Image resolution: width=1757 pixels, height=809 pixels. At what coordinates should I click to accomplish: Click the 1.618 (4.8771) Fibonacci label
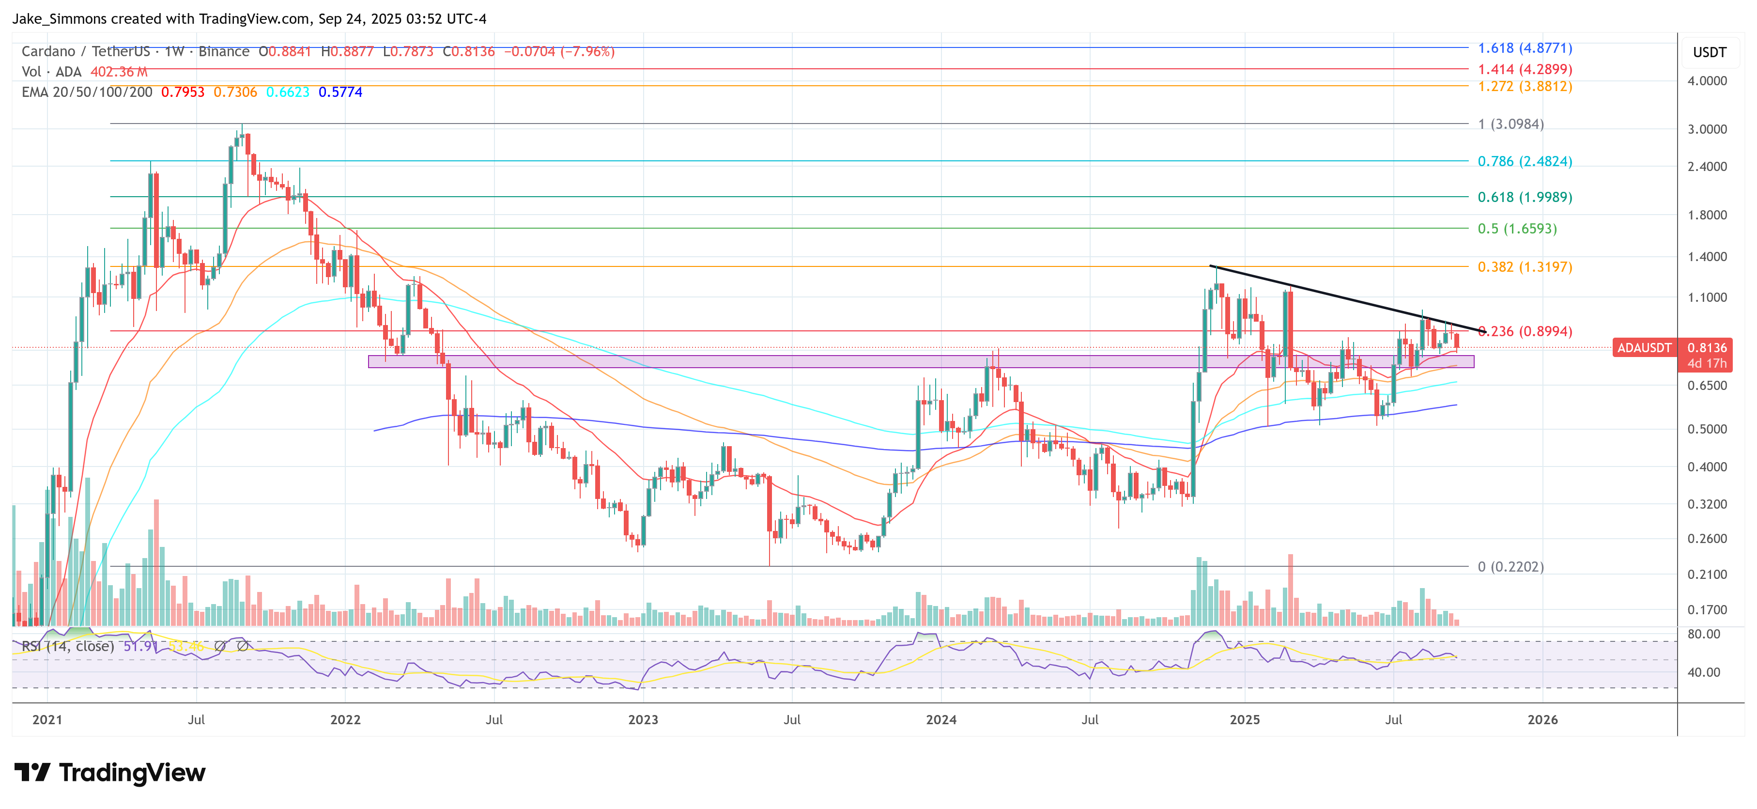point(1525,48)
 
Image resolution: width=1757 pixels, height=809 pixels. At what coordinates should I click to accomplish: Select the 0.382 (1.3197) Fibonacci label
point(1525,267)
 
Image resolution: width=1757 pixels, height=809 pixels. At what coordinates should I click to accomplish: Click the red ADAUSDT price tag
point(1644,348)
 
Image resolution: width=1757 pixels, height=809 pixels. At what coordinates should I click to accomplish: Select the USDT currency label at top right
point(1709,52)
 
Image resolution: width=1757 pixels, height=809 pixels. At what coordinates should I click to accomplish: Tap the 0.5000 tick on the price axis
point(1707,429)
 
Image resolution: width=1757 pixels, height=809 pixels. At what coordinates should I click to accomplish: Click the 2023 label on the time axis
point(643,720)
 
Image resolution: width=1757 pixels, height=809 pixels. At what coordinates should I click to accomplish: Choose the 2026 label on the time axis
point(1542,720)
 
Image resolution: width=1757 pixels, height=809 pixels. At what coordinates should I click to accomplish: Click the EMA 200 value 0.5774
point(340,92)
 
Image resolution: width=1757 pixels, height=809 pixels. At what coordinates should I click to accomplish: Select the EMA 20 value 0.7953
point(182,92)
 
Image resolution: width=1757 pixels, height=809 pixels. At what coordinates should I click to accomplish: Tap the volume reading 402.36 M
point(119,72)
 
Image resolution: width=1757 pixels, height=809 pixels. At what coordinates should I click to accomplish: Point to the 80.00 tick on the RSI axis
point(1703,634)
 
